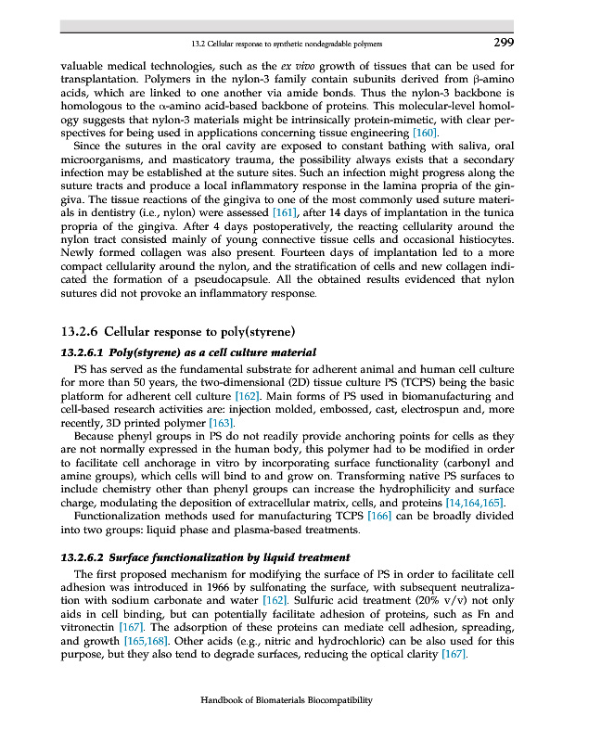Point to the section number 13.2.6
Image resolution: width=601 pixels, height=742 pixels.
[x=81, y=330]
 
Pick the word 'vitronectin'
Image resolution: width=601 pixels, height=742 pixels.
[x=89, y=629]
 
